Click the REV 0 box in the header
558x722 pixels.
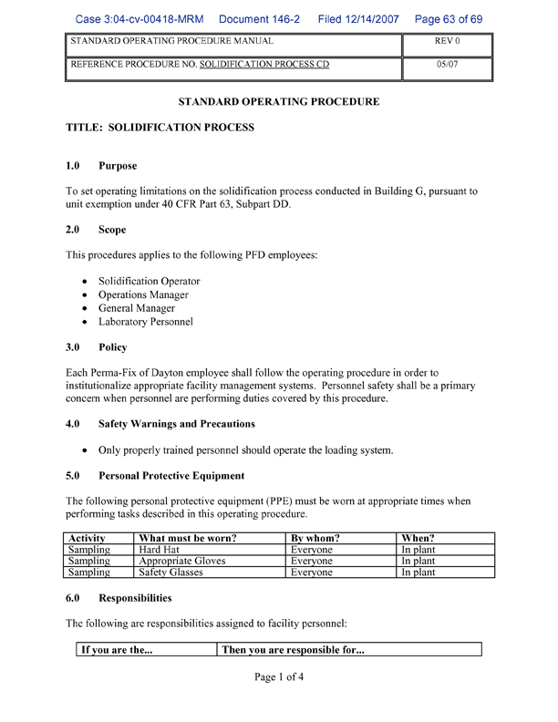pos(447,42)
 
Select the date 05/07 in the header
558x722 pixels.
pos(447,66)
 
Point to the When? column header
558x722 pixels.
pos(418,539)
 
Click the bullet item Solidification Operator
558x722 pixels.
pos(149,282)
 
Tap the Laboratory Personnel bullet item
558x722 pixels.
pos(146,322)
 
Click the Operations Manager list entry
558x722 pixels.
pos(143,295)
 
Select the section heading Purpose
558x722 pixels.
pos(118,166)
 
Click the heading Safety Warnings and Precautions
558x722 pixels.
pos(176,424)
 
